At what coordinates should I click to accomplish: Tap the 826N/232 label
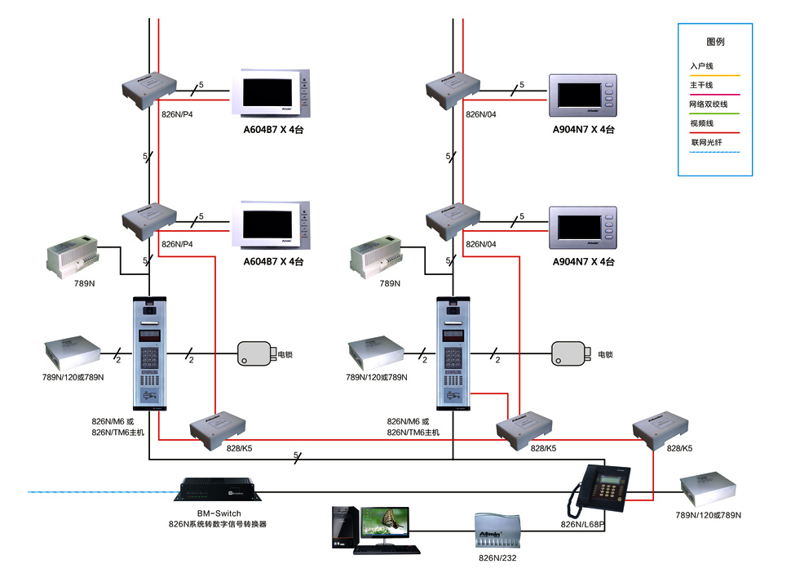[497, 558]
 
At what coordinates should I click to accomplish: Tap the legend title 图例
[715, 42]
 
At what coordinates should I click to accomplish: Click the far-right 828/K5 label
[680, 449]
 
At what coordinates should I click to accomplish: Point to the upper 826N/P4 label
[177, 115]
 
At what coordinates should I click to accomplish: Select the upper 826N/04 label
[480, 115]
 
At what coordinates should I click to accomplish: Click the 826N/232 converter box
[497, 532]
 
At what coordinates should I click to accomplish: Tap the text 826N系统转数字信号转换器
[218, 524]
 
